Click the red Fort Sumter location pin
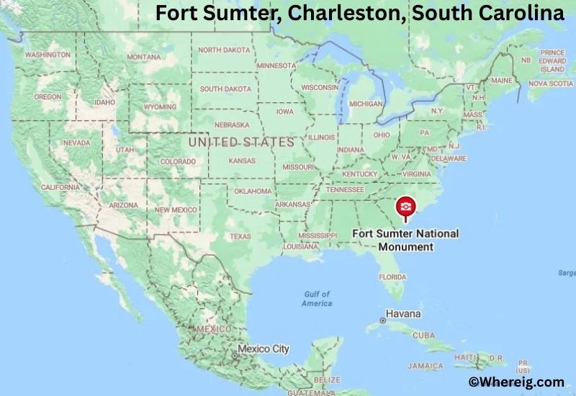click(406, 207)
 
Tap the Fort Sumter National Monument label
click(405, 240)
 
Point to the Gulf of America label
click(317, 298)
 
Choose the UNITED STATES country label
click(240, 143)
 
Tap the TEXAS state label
click(240, 236)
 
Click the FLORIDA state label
click(392, 276)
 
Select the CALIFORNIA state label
click(60, 187)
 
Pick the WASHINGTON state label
click(47, 55)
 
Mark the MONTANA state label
click(144, 57)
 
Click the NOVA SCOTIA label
click(550, 84)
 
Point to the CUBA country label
click(423, 336)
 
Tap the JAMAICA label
click(425, 366)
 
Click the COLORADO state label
click(177, 162)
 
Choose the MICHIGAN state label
click(366, 104)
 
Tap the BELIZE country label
click(328, 379)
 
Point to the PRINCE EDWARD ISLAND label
click(552, 61)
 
